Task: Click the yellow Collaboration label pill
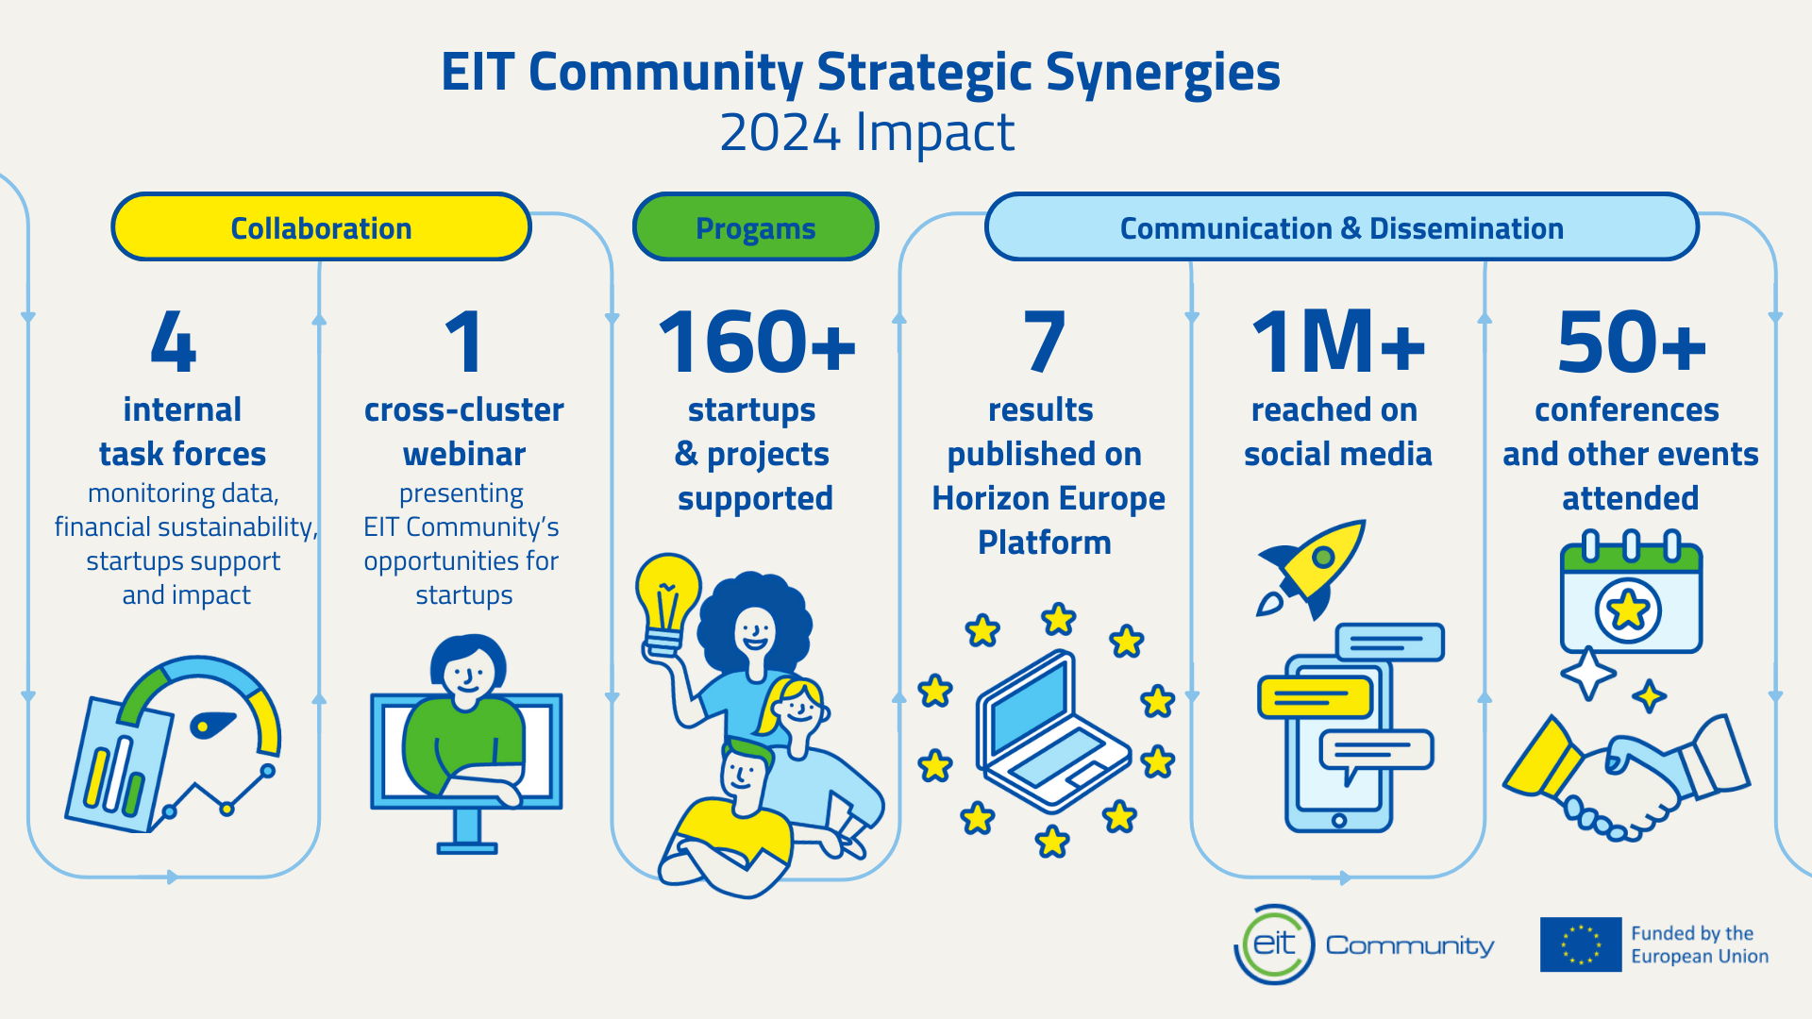321,227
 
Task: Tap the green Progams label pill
755,227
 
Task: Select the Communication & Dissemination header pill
1341,227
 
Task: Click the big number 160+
757,342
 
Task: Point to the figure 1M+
1338,342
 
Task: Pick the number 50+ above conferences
1632,342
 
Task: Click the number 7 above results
1044,342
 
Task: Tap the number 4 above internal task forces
174,342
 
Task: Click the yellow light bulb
668,604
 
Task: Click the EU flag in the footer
1581,944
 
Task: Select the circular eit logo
1274,944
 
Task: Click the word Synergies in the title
1163,73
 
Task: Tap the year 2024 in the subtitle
780,133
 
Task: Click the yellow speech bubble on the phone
1315,697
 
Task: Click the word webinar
464,454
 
